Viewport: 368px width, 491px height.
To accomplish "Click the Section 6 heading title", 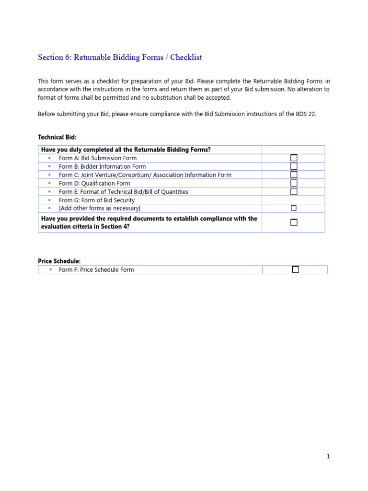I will pyautogui.click(x=120, y=58).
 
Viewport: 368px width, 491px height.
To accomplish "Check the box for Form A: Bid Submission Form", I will pyautogui.click(x=294, y=158).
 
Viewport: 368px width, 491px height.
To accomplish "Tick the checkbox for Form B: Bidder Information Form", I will pyautogui.click(x=294, y=166).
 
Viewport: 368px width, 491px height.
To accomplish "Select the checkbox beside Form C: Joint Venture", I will pyautogui.click(x=294, y=175).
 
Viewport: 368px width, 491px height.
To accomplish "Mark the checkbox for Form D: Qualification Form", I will pyautogui.click(x=294, y=183).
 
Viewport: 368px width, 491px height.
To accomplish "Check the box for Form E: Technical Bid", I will pyautogui.click(x=294, y=191).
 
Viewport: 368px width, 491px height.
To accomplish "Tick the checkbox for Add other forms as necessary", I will pyautogui.click(x=294, y=208).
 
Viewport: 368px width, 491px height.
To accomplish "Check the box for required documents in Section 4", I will pyautogui.click(x=294, y=222).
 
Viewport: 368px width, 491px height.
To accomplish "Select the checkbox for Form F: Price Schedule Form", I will pyautogui.click(x=295, y=269).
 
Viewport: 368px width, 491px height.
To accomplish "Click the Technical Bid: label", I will pyautogui.click(x=57, y=137).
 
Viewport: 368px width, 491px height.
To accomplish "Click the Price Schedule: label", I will pyautogui.click(x=59, y=261).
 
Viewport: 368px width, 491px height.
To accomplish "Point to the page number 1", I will pyautogui.click(x=328, y=456).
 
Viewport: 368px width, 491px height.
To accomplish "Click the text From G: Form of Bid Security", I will pyautogui.click(x=97, y=200).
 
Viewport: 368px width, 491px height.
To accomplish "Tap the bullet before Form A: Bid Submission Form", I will pyautogui.click(x=49, y=158).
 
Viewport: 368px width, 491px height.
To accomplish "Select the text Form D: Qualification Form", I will pyautogui.click(x=94, y=183).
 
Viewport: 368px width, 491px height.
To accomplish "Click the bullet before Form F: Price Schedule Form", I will pyautogui.click(x=49, y=269).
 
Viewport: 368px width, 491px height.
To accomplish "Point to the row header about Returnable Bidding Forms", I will pyautogui.click(x=126, y=150).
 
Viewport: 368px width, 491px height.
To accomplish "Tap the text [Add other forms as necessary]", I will pyautogui.click(x=99, y=209).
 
